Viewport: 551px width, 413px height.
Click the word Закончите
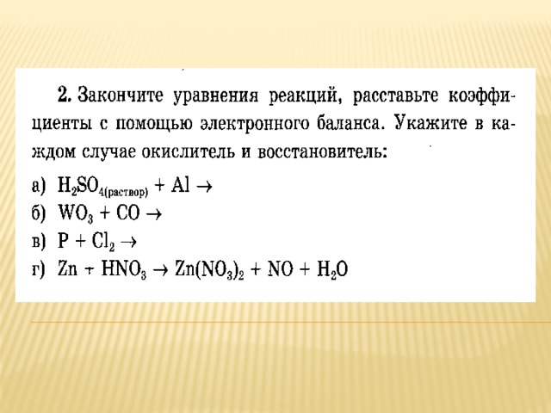click(121, 95)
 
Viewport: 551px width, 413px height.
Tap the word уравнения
click(216, 96)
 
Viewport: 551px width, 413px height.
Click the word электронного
click(255, 124)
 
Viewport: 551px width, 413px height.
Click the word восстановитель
click(322, 151)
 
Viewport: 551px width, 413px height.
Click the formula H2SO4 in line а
click(102, 186)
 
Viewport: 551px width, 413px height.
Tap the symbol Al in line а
click(180, 185)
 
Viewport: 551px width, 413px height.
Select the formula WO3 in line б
click(76, 214)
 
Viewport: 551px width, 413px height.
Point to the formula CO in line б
click(128, 213)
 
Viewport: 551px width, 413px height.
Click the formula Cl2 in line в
click(103, 242)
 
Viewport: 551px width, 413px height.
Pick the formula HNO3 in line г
click(123, 270)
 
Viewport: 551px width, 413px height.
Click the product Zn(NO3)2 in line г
click(209, 270)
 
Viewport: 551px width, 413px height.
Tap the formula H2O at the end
click(332, 270)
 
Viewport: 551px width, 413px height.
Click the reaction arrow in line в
click(128, 242)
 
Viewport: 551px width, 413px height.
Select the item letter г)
click(39, 270)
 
